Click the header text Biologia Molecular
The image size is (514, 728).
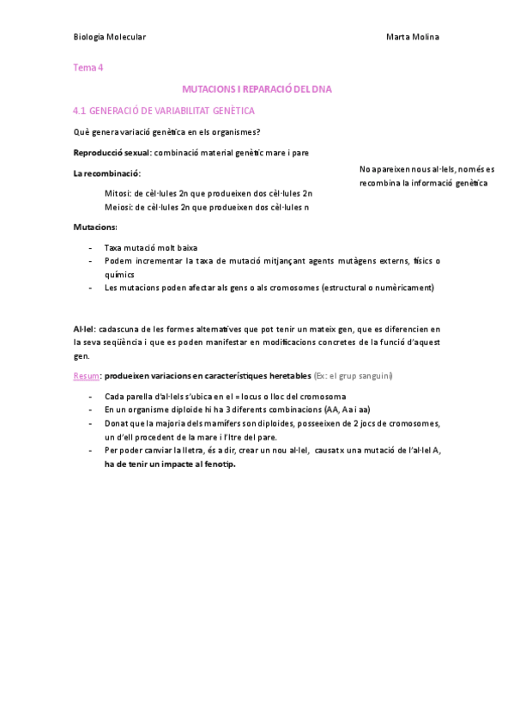tap(109, 37)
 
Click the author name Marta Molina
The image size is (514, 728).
tap(414, 37)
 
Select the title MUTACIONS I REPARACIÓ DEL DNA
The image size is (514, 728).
tap(257, 88)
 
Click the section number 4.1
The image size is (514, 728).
tap(80, 111)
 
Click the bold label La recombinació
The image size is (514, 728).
tap(106, 174)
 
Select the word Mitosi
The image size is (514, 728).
tap(117, 193)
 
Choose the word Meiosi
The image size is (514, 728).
tap(118, 207)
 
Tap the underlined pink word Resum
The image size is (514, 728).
tap(86, 377)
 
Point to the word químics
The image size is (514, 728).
tap(119, 273)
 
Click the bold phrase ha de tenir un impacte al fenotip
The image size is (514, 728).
tap(169, 464)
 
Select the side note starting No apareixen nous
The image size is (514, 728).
tap(426, 176)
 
